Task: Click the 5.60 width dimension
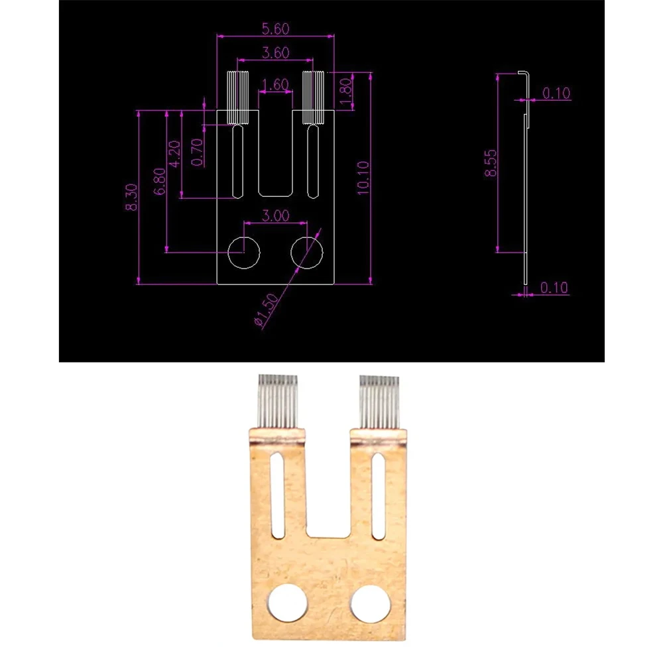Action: tap(274, 29)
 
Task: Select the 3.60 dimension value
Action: tap(274, 53)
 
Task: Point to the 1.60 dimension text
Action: tap(274, 85)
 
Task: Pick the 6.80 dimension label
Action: tap(159, 182)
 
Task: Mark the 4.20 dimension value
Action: tap(175, 154)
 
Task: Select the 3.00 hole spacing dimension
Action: tap(276, 215)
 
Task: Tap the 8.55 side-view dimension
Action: tap(491, 163)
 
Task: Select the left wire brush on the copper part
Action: tap(276, 400)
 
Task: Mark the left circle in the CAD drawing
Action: tap(243, 252)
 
